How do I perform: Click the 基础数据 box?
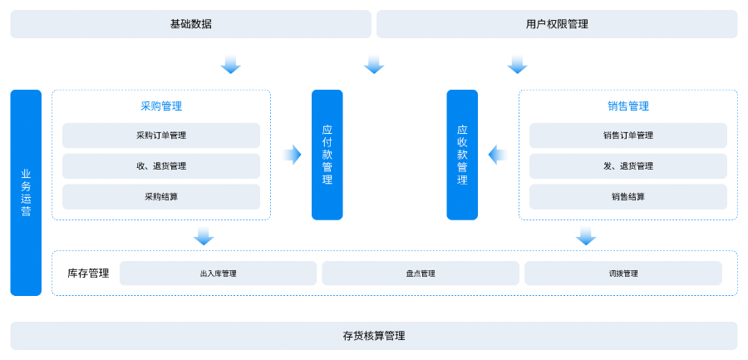click(x=190, y=24)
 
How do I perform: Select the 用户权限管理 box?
click(x=557, y=24)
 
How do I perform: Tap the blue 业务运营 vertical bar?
click(x=26, y=193)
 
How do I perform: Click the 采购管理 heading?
click(x=161, y=106)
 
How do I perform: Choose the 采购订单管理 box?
click(x=161, y=136)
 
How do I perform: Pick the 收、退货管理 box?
click(x=161, y=166)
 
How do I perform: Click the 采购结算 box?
click(x=161, y=197)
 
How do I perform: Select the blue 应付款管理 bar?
click(x=327, y=155)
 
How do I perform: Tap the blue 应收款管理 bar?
click(x=462, y=155)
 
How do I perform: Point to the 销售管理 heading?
click(x=628, y=106)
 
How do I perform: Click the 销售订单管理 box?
click(x=628, y=136)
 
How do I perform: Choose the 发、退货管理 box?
click(x=628, y=166)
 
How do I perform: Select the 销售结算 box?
click(x=628, y=197)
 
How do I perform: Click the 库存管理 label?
click(x=88, y=273)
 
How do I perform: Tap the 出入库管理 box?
click(x=218, y=274)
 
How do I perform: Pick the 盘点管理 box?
click(x=421, y=274)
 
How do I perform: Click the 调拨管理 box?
click(x=623, y=274)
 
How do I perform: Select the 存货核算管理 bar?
click(x=374, y=336)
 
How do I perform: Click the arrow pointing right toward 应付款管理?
click(x=292, y=155)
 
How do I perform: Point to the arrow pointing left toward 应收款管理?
click(x=498, y=155)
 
